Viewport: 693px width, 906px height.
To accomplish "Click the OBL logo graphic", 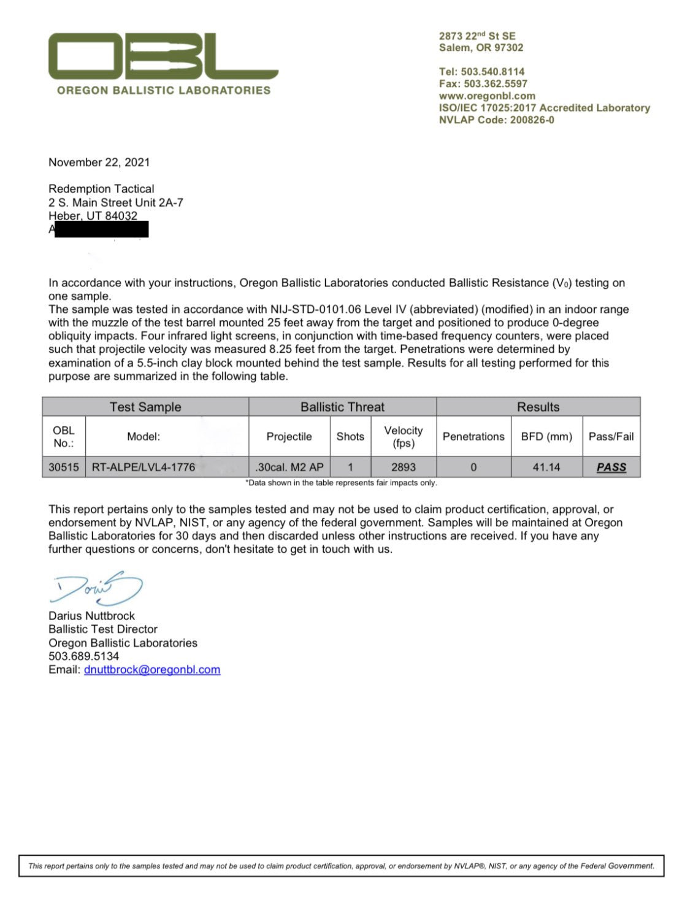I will coord(163,56).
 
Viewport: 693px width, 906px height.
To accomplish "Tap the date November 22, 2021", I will coord(99,163).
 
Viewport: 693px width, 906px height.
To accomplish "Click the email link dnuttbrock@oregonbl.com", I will coord(152,670).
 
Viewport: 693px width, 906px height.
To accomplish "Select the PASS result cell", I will coord(611,467).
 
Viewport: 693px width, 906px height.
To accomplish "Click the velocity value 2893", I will coord(404,467).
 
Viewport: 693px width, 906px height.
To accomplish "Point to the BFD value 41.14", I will coord(546,467).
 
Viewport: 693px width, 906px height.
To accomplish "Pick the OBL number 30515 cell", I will coord(64,467).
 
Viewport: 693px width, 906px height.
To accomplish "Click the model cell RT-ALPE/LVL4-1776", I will coord(144,467).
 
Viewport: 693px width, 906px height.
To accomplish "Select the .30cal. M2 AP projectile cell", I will coord(289,467).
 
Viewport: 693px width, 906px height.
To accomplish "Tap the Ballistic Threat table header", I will coord(342,407).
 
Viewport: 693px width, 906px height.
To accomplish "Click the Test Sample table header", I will coord(145,407).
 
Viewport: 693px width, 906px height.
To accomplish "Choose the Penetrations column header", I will coord(473,437).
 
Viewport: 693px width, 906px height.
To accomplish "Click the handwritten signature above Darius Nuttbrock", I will coord(98,589).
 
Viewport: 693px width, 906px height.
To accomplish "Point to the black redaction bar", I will coord(101,229).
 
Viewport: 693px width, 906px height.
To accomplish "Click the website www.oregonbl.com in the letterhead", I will coord(487,96).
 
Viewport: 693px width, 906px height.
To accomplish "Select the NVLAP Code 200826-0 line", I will coord(496,120).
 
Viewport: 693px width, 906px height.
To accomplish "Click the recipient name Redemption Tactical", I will coord(101,189).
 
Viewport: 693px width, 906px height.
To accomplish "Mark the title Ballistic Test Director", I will coord(103,629).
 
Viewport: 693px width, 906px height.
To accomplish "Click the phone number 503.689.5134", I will coord(84,656).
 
